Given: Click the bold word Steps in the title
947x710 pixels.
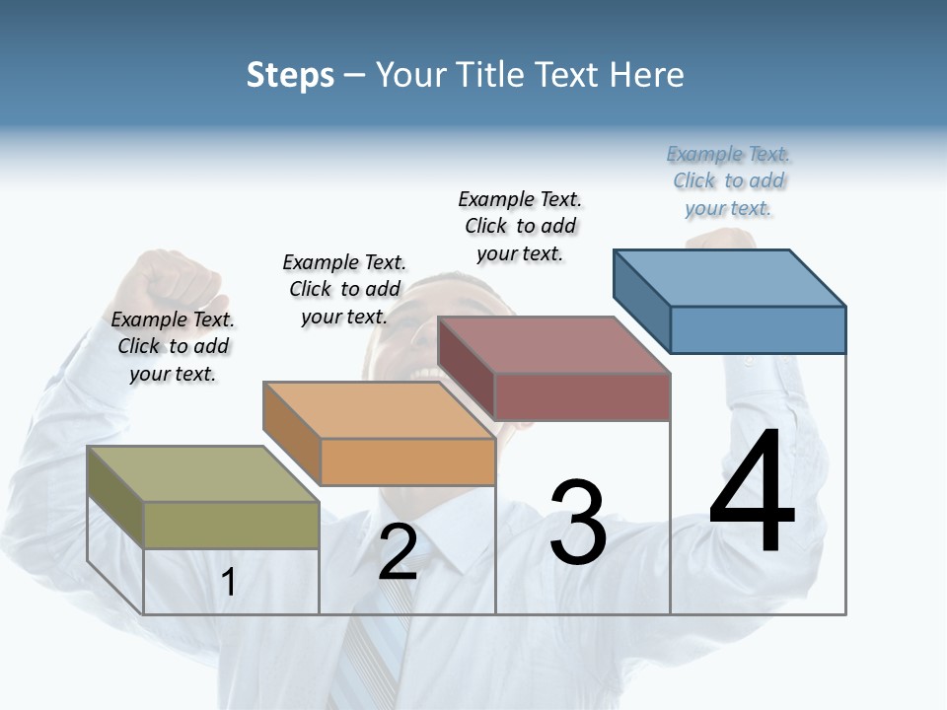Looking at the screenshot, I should pyautogui.click(x=290, y=75).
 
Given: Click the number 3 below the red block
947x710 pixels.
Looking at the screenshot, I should pyautogui.click(x=578, y=523).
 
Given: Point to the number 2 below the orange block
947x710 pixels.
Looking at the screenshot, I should pyautogui.click(x=398, y=552).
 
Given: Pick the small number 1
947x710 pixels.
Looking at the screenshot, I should pyautogui.click(x=229, y=583).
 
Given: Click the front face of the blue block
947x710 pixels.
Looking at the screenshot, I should pyautogui.click(x=758, y=329).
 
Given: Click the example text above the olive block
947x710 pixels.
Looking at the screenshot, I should pyautogui.click(x=173, y=346).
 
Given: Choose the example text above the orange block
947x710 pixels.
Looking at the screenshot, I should pyautogui.click(x=344, y=289).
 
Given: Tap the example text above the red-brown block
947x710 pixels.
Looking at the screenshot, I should pyautogui.click(x=520, y=226).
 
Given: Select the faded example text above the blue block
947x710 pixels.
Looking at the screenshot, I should pyautogui.click(x=728, y=180).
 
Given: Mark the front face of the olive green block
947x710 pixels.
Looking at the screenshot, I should pyautogui.click(x=231, y=525).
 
